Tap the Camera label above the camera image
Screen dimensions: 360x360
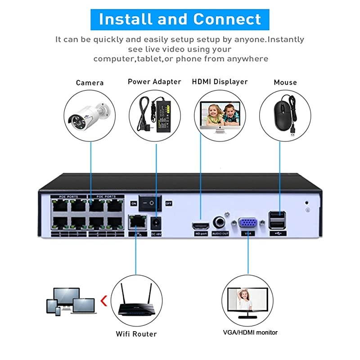(x=90, y=82)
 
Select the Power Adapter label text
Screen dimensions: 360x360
(x=154, y=81)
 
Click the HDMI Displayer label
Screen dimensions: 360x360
(x=220, y=81)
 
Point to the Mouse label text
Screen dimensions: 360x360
(x=285, y=82)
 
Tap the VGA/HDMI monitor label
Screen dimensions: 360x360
(x=250, y=333)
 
